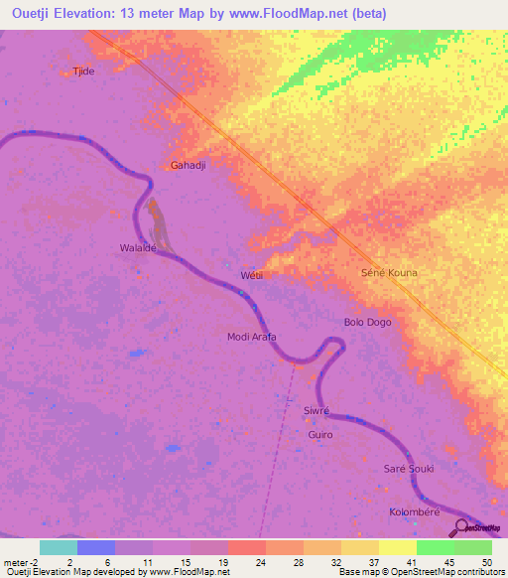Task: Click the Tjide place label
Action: [82, 72]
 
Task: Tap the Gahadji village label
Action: [188, 165]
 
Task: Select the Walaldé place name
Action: [138, 247]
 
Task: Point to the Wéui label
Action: [251, 275]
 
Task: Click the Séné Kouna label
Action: [388, 272]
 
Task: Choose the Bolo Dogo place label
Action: [367, 323]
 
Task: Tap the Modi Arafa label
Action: [252, 337]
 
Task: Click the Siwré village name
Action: [316, 410]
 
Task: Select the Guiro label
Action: [319, 435]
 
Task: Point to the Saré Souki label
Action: [409, 468]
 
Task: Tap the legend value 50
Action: [485, 561]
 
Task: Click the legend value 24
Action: [259, 561]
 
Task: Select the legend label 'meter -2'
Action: [20, 561]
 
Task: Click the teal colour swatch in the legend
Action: [59, 547]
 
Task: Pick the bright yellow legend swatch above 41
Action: [397, 547]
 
